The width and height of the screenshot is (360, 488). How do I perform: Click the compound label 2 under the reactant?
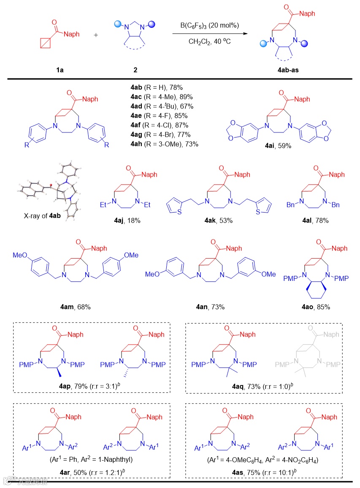click(x=135, y=70)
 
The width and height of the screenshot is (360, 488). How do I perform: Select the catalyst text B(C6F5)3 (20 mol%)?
click(x=210, y=26)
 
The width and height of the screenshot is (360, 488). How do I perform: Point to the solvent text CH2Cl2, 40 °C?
click(x=209, y=42)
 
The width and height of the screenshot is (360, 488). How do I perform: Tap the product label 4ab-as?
click(x=281, y=70)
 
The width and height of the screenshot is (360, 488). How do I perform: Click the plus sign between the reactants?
click(x=96, y=35)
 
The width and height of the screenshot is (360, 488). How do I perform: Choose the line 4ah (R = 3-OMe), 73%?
click(x=165, y=144)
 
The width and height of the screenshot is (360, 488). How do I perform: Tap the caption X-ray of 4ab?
click(x=42, y=215)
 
